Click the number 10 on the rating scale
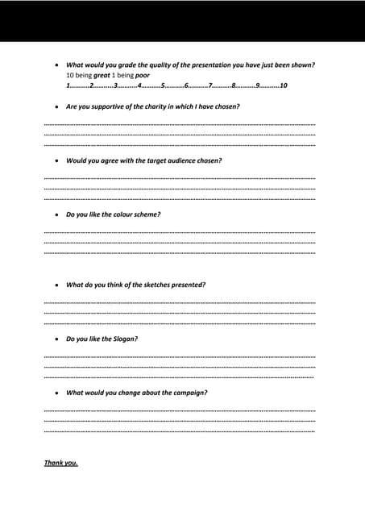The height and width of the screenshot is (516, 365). tap(283, 85)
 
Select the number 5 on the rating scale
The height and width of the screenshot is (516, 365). tap(163, 85)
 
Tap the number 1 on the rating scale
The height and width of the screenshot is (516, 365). tap(68, 85)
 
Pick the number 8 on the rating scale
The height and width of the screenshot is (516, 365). tap(233, 85)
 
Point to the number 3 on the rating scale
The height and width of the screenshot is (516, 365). tap(115, 85)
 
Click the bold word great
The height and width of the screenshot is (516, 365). tap(102, 75)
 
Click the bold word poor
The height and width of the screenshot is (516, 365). tap(143, 75)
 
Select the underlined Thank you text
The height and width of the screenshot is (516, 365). tap(60, 463)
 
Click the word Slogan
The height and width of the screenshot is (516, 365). tap(125, 339)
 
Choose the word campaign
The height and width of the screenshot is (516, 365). tap(191, 393)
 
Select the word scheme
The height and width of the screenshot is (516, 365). tap(146, 214)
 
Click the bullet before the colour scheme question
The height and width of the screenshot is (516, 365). tap(55, 215)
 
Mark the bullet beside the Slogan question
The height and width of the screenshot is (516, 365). tap(55, 339)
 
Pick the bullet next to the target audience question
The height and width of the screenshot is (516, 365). tap(55, 161)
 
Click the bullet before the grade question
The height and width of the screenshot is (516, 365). tap(55, 65)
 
